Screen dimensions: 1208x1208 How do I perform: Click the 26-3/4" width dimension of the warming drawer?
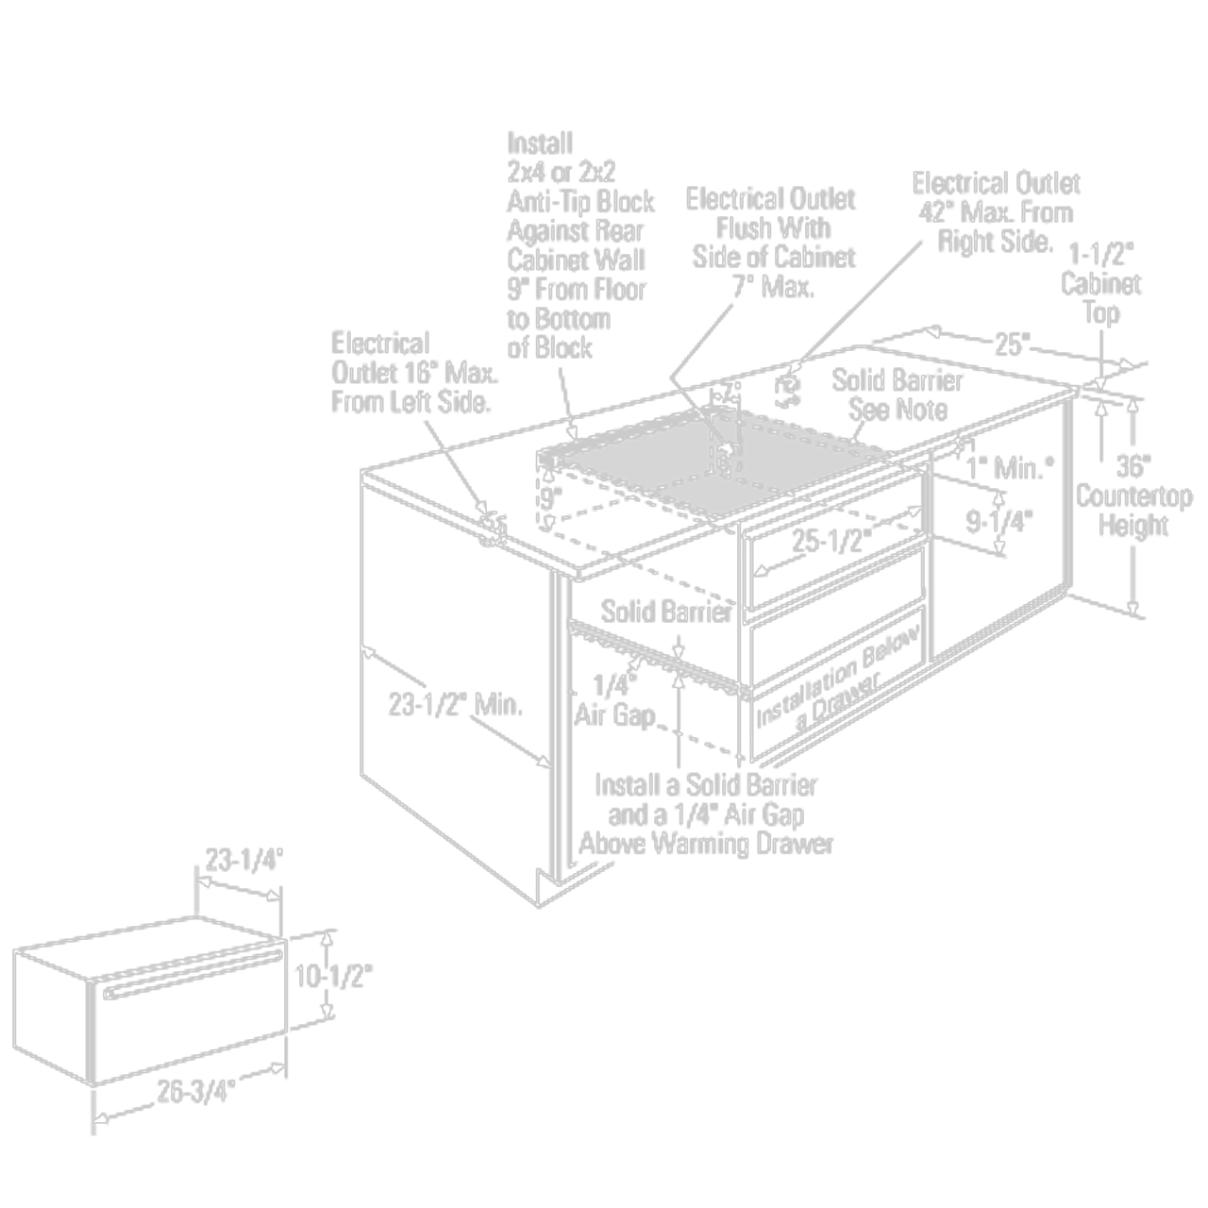pyautogui.click(x=195, y=1092)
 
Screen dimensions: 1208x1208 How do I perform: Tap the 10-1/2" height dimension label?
pyautogui.click(x=333, y=977)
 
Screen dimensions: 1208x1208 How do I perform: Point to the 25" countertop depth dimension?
pyautogui.click(x=1012, y=344)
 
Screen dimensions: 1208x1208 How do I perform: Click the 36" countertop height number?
pyautogui.click(x=1133, y=466)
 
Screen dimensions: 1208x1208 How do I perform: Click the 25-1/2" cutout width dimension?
pyautogui.click(x=830, y=541)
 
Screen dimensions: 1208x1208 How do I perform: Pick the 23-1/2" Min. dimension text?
pyautogui.click(x=456, y=704)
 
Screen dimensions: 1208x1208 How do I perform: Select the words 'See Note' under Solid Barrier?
pyautogui.click(x=898, y=410)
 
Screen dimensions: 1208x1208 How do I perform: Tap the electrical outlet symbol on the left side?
pyautogui.click(x=493, y=528)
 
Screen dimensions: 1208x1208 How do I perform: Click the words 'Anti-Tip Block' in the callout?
pyautogui.click(x=580, y=202)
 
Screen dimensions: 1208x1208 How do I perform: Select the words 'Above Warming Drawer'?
pyautogui.click(x=706, y=843)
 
